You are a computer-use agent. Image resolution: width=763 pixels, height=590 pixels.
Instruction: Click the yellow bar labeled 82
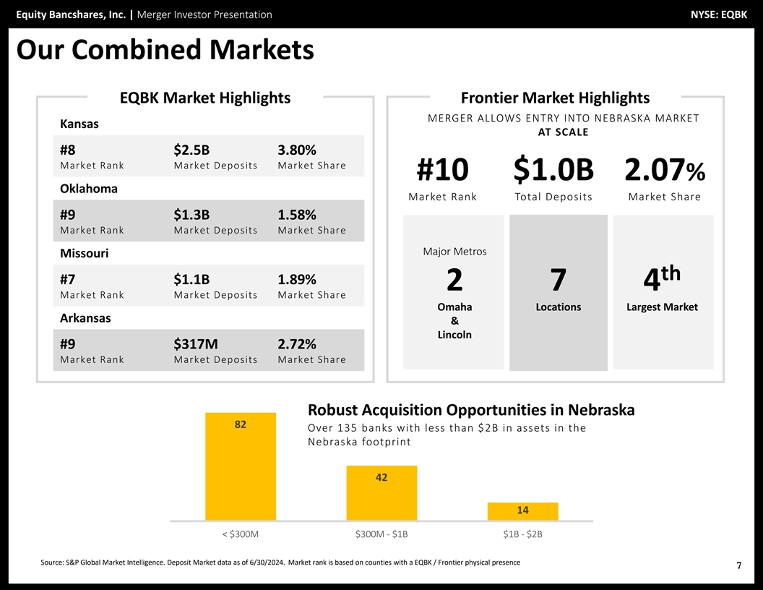[241, 466]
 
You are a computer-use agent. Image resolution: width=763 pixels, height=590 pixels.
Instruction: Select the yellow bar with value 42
[381, 492]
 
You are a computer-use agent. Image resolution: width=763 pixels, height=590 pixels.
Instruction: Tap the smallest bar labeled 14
[522, 510]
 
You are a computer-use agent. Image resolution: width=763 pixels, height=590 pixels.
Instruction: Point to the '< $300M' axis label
[241, 534]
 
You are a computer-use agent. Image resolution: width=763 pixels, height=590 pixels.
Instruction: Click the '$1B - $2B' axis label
[522, 534]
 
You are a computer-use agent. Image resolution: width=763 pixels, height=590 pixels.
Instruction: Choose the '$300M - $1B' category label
[381, 534]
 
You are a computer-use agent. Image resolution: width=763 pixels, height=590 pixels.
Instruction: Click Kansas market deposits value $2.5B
[191, 150]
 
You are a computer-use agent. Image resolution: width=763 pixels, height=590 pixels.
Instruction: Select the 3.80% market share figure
[296, 150]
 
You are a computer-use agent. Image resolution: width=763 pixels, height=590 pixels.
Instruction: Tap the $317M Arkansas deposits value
[195, 344]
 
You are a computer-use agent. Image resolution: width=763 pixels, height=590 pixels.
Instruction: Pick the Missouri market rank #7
[69, 280]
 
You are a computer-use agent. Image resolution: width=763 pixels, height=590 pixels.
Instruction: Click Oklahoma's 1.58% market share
[296, 215]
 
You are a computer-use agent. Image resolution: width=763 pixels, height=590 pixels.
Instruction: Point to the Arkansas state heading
[85, 318]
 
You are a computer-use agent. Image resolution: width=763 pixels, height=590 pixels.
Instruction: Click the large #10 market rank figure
[442, 170]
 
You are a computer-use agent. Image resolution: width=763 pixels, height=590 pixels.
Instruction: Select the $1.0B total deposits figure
[553, 170]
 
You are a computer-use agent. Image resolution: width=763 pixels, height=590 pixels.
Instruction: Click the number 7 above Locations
[558, 280]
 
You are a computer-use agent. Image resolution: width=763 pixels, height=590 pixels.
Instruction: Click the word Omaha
[454, 307]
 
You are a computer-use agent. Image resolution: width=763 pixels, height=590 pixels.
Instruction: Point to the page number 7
[738, 566]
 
